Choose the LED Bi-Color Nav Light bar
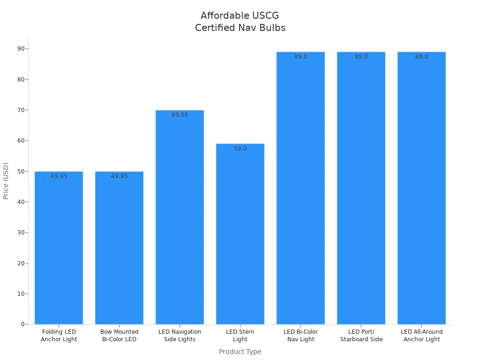(300, 187)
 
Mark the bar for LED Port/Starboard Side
(361, 187)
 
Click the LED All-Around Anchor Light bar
(421, 187)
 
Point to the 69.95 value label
(180, 115)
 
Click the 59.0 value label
(240, 149)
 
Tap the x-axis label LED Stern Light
(240, 336)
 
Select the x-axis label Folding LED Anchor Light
(59, 336)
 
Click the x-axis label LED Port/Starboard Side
(361, 336)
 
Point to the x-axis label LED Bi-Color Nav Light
(300, 336)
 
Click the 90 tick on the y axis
(22, 49)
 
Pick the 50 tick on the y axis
(22, 171)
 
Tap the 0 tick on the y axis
(23, 324)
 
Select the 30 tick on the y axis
(22, 232)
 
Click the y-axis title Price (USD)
(6, 181)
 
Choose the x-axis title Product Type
(240, 352)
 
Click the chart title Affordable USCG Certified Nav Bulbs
(240, 22)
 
